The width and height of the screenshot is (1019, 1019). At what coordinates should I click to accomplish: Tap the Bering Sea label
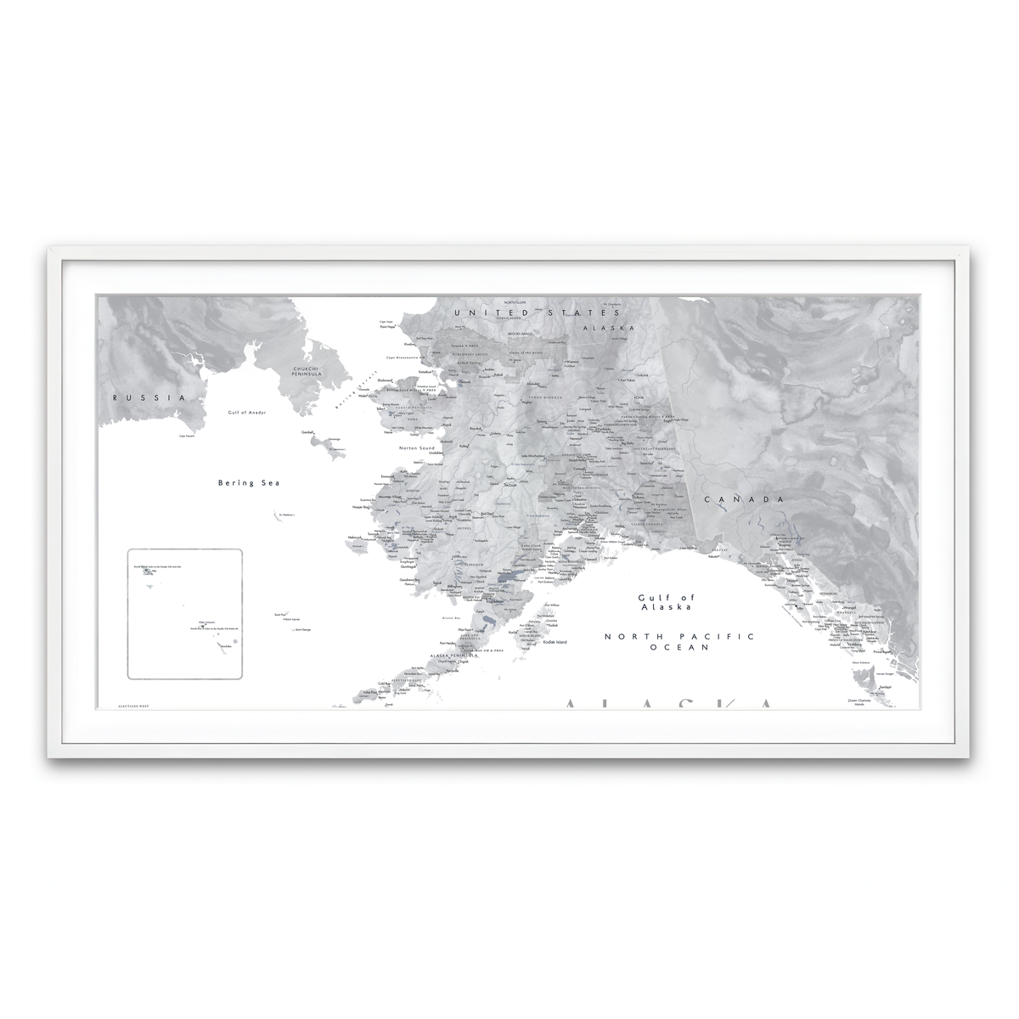coord(249,482)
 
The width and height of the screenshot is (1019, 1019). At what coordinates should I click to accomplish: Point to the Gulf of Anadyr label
coord(248,412)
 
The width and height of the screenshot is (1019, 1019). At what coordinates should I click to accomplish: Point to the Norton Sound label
coord(416,447)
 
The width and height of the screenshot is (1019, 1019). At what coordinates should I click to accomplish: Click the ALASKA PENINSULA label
coord(451,656)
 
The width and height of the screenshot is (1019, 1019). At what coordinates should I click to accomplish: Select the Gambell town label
coord(307,432)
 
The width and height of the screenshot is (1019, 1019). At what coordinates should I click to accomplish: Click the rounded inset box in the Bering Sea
coord(185,613)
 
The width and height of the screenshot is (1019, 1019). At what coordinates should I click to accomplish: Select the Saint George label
coord(301,629)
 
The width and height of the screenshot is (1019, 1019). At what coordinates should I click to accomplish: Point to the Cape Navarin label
coord(187,436)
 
